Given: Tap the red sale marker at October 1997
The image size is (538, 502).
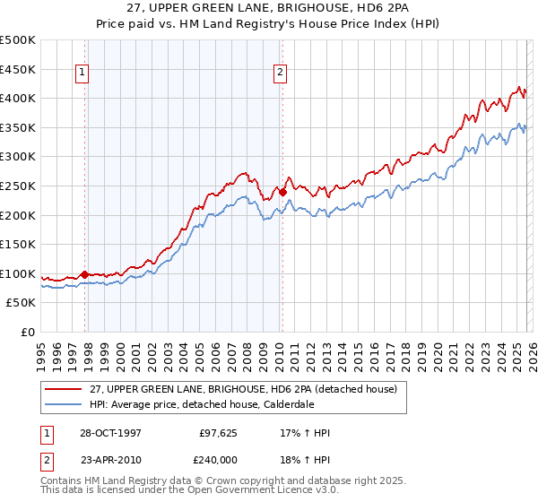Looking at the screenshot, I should pos(85,274).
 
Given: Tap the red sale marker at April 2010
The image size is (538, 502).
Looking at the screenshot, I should pos(282,191).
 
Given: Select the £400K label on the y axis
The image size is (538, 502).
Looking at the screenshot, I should pos(18,98).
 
